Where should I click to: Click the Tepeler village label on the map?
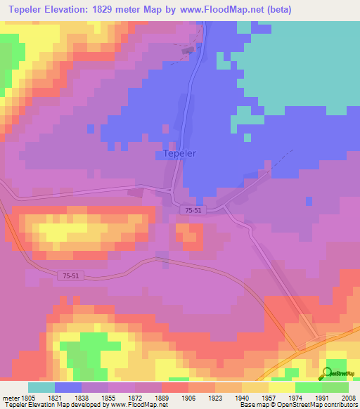click(x=179, y=152)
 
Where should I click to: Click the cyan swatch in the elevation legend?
click(x=41, y=387)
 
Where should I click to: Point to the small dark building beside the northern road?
click(x=188, y=50)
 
